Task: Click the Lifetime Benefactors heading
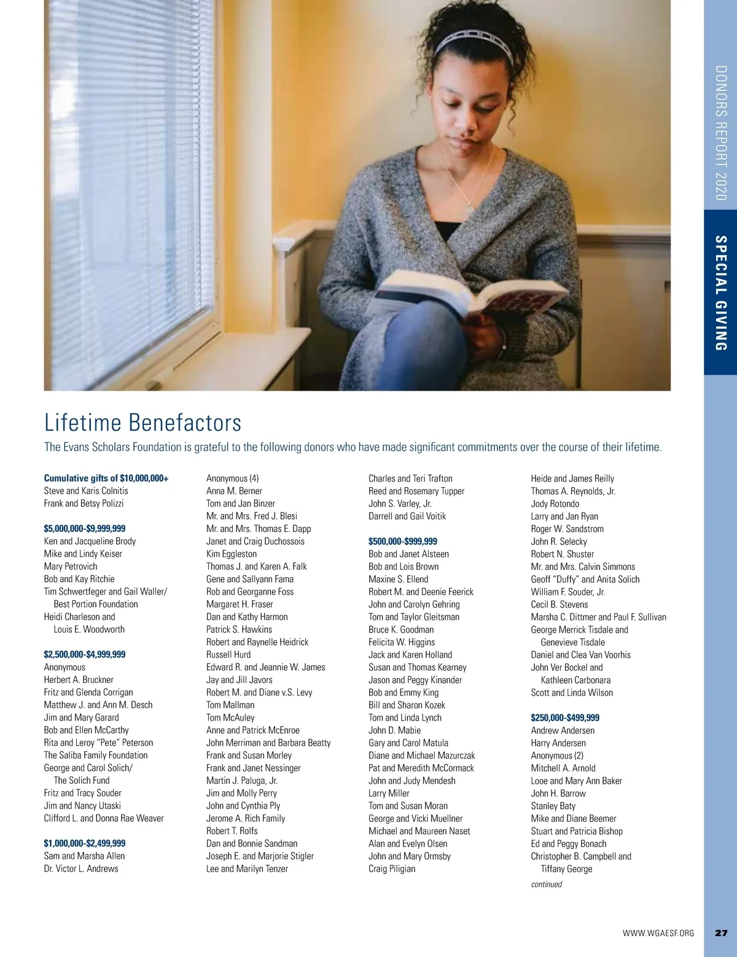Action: [142, 423]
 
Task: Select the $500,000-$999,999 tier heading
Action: [403, 541]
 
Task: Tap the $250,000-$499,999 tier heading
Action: [565, 717]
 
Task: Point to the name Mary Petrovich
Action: [71, 566]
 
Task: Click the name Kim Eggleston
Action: [232, 553]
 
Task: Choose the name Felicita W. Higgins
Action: [402, 642]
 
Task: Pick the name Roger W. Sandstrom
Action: [567, 529]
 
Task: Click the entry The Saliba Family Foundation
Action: [96, 755]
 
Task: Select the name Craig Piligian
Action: [392, 869]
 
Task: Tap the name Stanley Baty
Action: [553, 806]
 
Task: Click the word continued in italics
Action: [547, 885]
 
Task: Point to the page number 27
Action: [721, 933]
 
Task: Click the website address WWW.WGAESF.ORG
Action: [658, 933]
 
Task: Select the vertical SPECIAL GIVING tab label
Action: [721, 293]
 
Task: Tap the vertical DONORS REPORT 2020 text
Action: [721, 133]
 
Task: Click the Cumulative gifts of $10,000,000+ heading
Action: [106, 478]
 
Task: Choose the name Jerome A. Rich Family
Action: [246, 818]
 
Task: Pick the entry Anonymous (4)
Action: [232, 478]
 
